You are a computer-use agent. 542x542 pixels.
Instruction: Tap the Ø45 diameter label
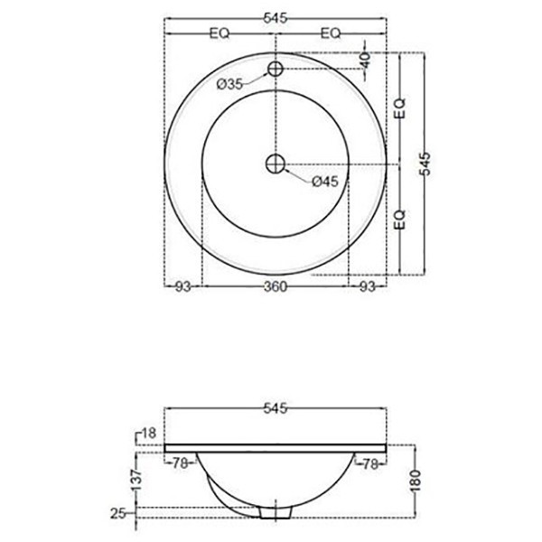click(x=324, y=182)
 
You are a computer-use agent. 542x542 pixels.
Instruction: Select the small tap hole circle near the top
click(x=276, y=69)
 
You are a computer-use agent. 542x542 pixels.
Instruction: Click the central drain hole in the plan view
click(x=276, y=164)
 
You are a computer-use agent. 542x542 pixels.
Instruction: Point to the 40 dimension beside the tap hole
click(x=365, y=61)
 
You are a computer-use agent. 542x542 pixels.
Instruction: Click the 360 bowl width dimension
click(x=276, y=287)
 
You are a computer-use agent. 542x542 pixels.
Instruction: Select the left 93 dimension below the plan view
click(x=182, y=287)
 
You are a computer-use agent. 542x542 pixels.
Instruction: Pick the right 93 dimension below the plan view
click(x=367, y=287)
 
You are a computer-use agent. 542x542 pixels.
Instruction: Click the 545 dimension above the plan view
click(x=276, y=16)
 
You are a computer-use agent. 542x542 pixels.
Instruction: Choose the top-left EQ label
click(x=220, y=33)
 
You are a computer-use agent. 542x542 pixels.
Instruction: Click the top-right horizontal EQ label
click(x=331, y=33)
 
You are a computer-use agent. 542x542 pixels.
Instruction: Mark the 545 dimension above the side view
click(x=276, y=408)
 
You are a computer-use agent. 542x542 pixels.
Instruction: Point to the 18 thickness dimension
click(x=150, y=435)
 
